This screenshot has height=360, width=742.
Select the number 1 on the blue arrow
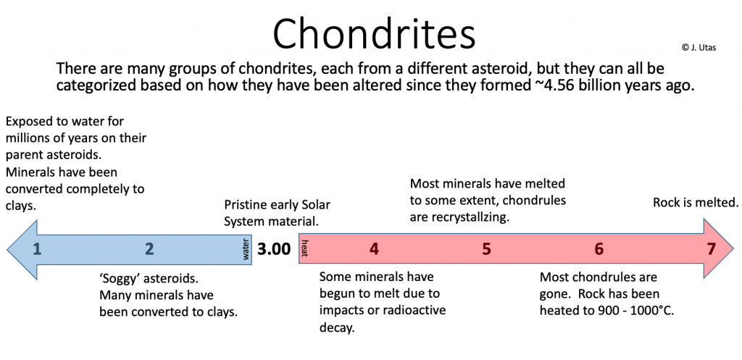(x=37, y=249)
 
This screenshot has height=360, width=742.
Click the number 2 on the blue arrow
(x=149, y=249)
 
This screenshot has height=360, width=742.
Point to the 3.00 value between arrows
(x=274, y=249)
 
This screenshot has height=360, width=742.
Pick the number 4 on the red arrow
(x=374, y=249)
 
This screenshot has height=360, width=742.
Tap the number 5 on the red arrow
(x=486, y=249)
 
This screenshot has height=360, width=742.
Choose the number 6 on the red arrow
(x=599, y=249)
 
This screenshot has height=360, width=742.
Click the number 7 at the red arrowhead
(x=711, y=249)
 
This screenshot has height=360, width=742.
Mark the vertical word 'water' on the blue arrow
(x=246, y=249)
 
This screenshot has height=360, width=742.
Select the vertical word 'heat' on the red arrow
(x=305, y=249)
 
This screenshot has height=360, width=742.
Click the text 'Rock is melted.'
(x=696, y=202)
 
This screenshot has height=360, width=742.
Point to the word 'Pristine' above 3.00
(x=249, y=205)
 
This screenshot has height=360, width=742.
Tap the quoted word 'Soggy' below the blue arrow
(x=121, y=278)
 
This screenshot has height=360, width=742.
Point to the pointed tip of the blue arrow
(x=9, y=249)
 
